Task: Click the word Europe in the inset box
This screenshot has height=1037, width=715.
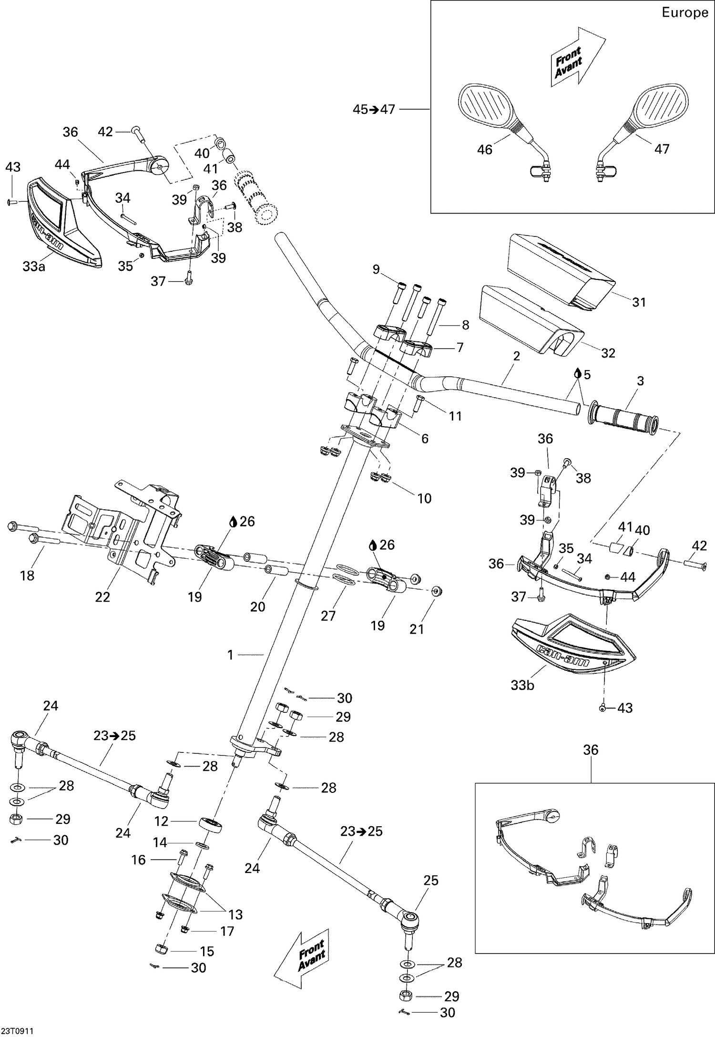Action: click(684, 13)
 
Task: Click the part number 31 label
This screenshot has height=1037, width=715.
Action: click(639, 302)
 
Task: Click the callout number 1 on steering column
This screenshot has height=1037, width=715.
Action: click(231, 655)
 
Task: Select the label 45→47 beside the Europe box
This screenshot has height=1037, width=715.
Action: click(374, 109)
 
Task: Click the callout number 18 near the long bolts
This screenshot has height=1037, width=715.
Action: click(27, 575)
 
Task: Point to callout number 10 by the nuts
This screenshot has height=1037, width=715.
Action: click(424, 498)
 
